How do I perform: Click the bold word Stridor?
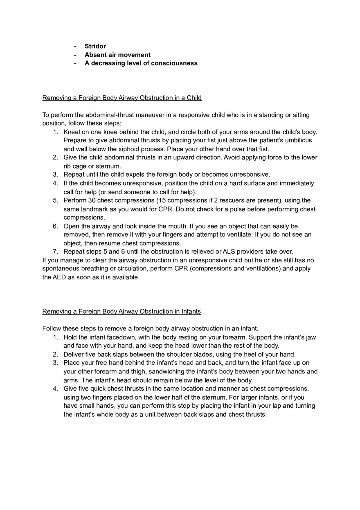pos(95,46)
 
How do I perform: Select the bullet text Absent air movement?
pos(117,55)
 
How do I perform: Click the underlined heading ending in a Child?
pos(122,98)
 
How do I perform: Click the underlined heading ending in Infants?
pos(122,311)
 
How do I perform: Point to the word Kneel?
pos(72,132)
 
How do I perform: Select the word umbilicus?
pos(297,140)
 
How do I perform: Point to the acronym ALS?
pos(230,252)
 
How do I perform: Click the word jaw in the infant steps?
pos(311,337)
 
